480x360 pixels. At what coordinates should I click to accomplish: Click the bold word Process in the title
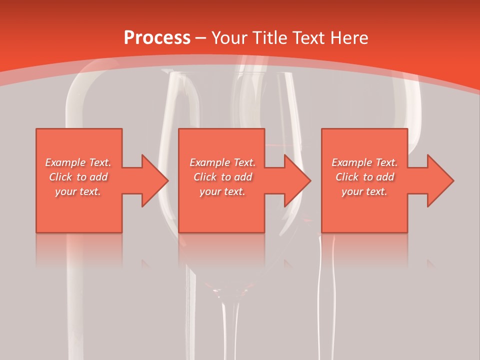157,38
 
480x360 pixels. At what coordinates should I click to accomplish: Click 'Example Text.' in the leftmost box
78,162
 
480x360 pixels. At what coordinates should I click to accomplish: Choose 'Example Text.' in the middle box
222,162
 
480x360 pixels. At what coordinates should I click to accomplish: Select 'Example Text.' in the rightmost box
364,162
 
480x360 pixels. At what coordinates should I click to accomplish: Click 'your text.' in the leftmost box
78,191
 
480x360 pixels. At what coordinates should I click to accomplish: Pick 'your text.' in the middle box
222,191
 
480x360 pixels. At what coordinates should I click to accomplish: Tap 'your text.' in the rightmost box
364,191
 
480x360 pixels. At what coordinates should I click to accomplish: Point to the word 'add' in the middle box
243,177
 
